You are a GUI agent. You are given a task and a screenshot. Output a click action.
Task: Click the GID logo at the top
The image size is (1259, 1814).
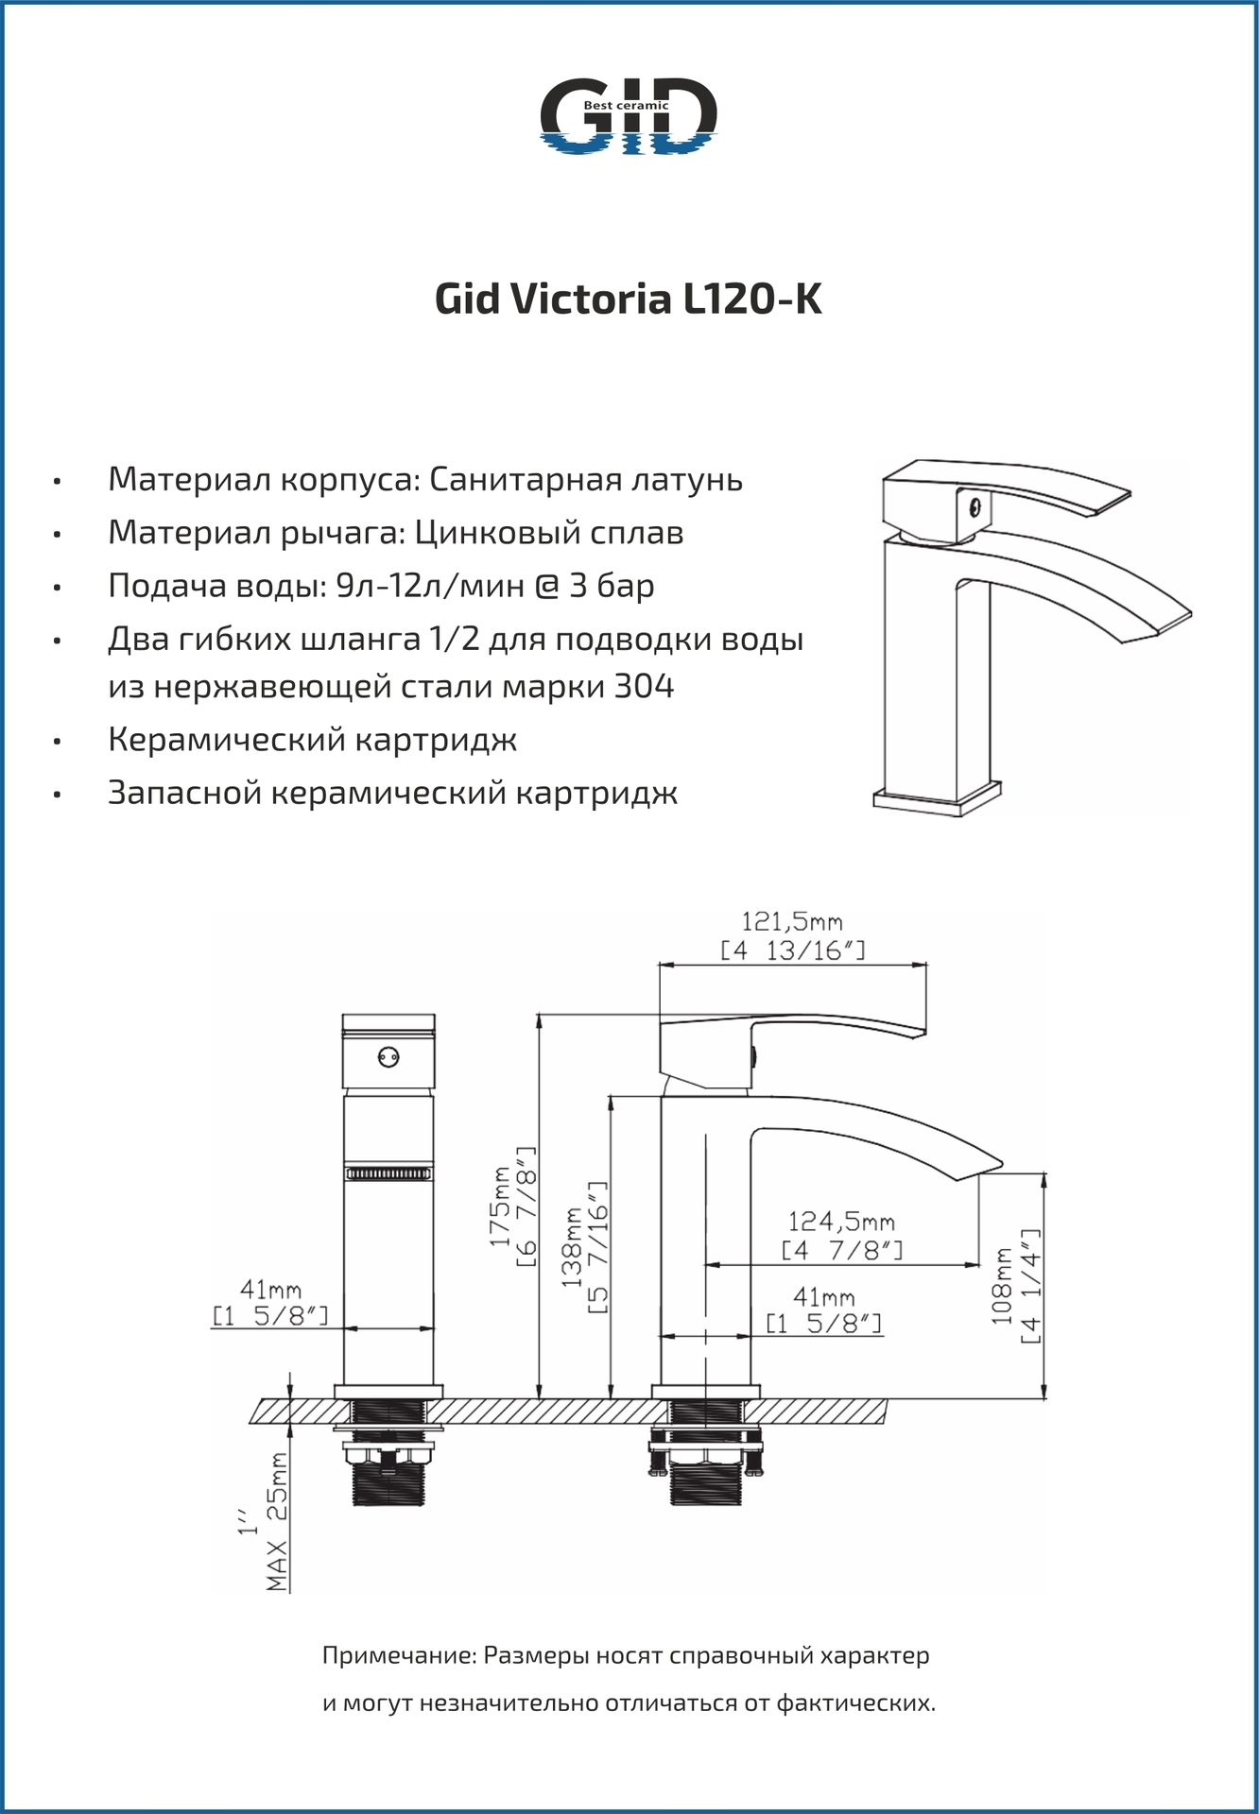628,116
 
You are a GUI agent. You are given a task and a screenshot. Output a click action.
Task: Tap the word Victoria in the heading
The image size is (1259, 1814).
591,299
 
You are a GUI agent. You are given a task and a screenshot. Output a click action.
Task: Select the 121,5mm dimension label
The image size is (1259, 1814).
792,921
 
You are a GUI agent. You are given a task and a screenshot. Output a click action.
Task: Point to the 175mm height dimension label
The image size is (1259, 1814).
500,1205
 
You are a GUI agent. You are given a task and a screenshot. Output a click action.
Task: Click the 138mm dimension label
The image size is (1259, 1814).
572,1245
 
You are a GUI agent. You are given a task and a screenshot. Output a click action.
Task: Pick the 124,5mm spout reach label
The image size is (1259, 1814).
841,1223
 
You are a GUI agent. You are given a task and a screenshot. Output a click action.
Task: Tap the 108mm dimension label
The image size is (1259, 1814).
1004,1285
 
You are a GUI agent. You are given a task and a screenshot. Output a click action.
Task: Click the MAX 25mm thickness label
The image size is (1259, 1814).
278,1520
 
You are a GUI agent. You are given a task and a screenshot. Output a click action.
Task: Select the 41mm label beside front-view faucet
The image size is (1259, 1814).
270,1290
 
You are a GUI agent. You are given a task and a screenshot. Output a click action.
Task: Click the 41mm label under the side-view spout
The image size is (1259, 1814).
823,1297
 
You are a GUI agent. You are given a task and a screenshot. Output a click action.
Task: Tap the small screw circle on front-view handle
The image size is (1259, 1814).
388,1057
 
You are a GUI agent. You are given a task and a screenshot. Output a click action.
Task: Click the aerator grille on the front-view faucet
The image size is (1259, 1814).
388,1173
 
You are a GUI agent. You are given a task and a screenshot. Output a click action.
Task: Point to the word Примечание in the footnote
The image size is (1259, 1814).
399,1655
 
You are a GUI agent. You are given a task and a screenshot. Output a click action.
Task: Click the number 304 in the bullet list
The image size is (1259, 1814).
644,686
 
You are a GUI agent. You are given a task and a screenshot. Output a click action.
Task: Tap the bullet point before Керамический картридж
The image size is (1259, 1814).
58,742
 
